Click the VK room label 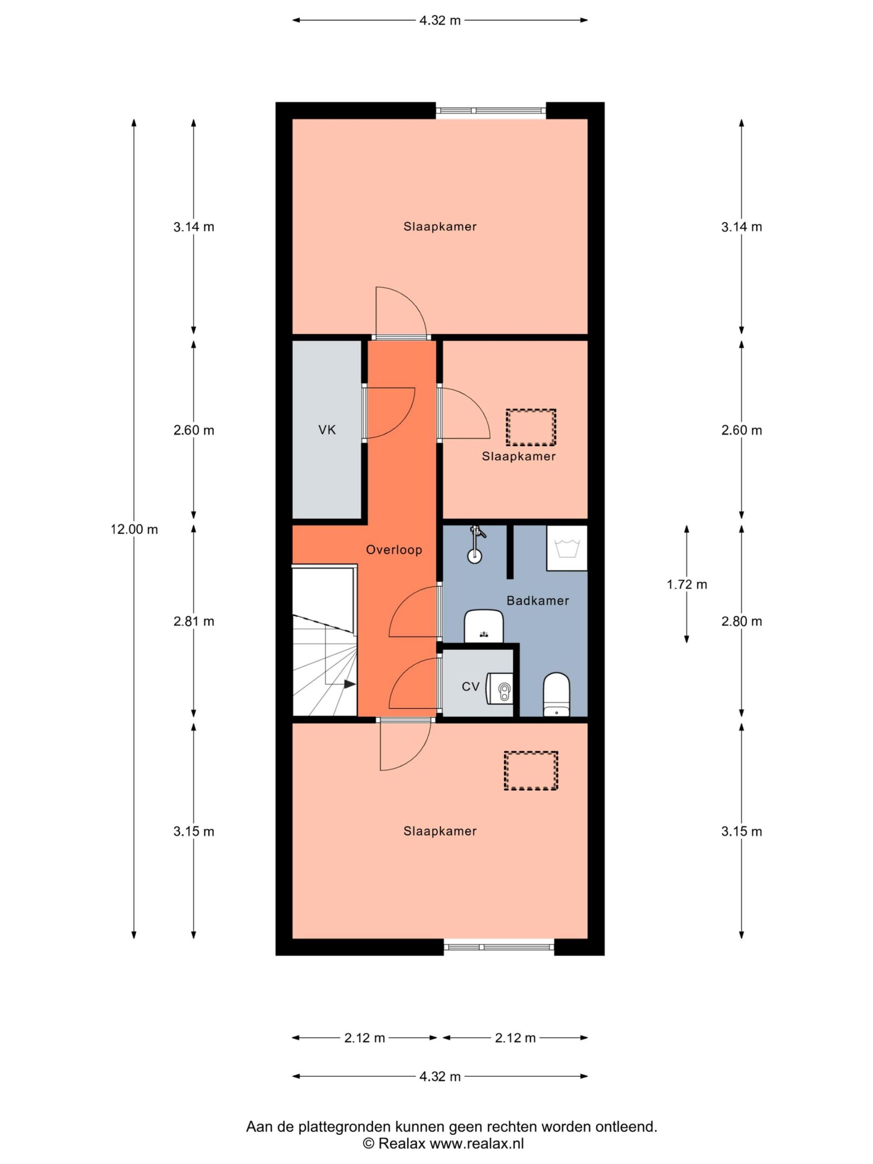pyautogui.click(x=327, y=430)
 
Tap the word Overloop pyautogui.click(x=394, y=550)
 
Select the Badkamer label pyautogui.click(x=538, y=601)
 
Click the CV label pyautogui.click(x=471, y=687)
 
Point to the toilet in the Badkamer pyautogui.click(x=556, y=695)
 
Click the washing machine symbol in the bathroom pyautogui.click(x=567, y=548)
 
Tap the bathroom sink pyautogui.click(x=484, y=626)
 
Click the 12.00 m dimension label pyautogui.click(x=134, y=529)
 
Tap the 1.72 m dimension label pyautogui.click(x=687, y=584)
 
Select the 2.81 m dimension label pyautogui.click(x=194, y=622)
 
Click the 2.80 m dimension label pyautogui.click(x=742, y=622)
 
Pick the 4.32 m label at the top pyautogui.click(x=440, y=20)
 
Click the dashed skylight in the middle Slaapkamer pyautogui.click(x=531, y=427)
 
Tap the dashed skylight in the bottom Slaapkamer pyautogui.click(x=531, y=771)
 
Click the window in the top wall pyautogui.click(x=491, y=110)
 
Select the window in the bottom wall pyautogui.click(x=499, y=947)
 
